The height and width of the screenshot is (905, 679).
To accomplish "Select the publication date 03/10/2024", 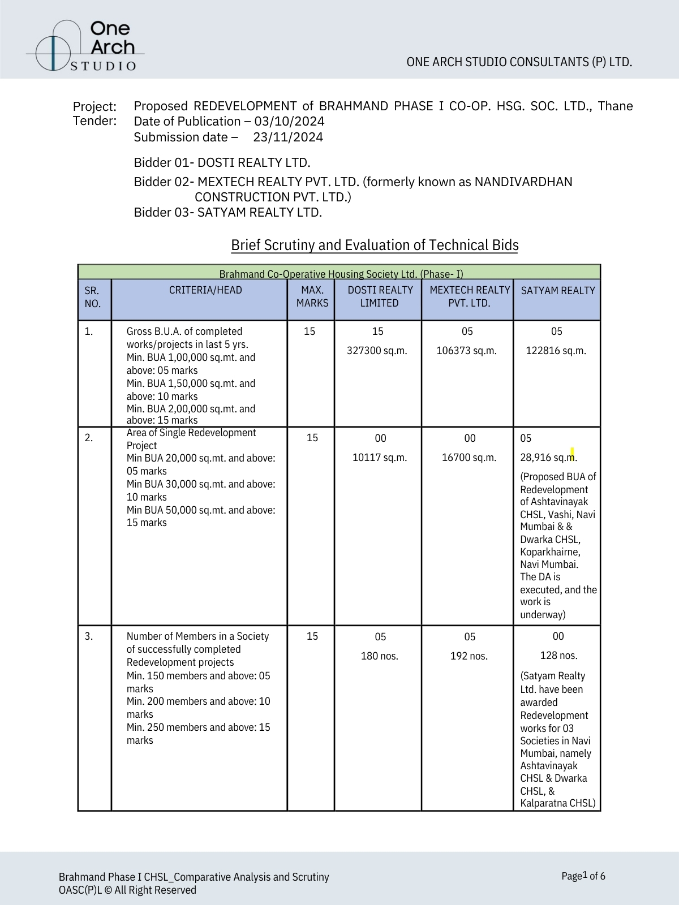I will pyautogui.click(x=289, y=122).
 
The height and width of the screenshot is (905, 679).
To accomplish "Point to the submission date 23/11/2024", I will pyautogui.click(x=288, y=137).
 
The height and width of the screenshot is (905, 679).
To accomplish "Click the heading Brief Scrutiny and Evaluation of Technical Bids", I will pyautogui.click(x=375, y=245).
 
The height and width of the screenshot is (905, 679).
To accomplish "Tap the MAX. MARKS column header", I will pyautogui.click(x=312, y=296).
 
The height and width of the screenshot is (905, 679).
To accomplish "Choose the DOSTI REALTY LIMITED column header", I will pyautogui.click(x=380, y=296).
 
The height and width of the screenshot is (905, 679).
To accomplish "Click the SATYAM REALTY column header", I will pyautogui.click(x=558, y=291).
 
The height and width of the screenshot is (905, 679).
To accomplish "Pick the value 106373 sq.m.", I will pyautogui.click(x=466, y=351).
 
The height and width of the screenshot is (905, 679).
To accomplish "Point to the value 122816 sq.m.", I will pyautogui.click(x=556, y=351).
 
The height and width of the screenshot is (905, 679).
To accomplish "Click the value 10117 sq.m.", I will pyautogui.click(x=379, y=458).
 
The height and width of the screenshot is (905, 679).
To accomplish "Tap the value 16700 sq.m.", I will pyautogui.click(x=469, y=458).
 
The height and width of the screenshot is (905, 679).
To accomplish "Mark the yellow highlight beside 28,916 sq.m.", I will pyautogui.click(x=573, y=453).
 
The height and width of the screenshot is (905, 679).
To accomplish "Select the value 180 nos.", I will pyautogui.click(x=379, y=656).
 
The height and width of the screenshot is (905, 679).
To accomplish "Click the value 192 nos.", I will pyautogui.click(x=469, y=656).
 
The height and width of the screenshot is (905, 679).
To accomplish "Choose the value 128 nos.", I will pyautogui.click(x=558, y=656).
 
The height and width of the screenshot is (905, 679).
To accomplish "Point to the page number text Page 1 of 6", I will pyautogui.click(x=583, y=876).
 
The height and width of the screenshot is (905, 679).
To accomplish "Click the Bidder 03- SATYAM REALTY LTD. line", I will pyautogui.click(x=227, y=213).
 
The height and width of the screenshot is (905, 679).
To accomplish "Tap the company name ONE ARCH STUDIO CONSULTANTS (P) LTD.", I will pyautogui.click(x=519, y=62).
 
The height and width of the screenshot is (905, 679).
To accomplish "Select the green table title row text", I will pyautogui.click(x=341, y=274).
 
